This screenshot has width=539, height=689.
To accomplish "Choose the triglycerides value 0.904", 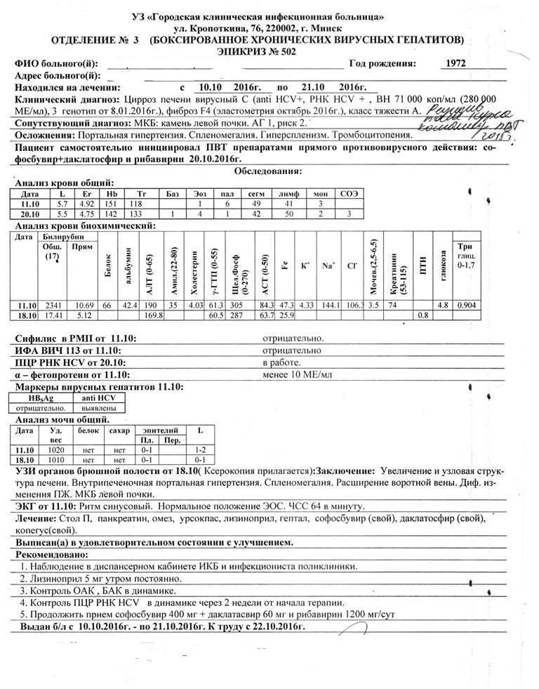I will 467,305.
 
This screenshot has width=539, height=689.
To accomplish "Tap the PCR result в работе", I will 281,362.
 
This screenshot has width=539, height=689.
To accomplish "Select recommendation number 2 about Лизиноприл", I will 102,579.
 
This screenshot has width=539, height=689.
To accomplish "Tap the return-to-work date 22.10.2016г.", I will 278,626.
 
